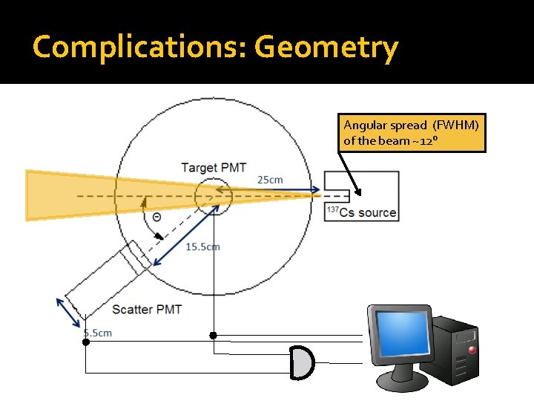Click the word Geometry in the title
[x=326, y=48]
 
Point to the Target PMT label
[x=213, y=167]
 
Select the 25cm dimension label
[x=270, y=180]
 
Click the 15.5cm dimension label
[x=202, y=247]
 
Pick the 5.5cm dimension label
[x=97, y=333]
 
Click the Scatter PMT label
[x=147, y=309]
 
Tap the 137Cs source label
[x=362, y=212]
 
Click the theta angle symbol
[x=157, y=217]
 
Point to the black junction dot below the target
[x=213, y=336]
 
